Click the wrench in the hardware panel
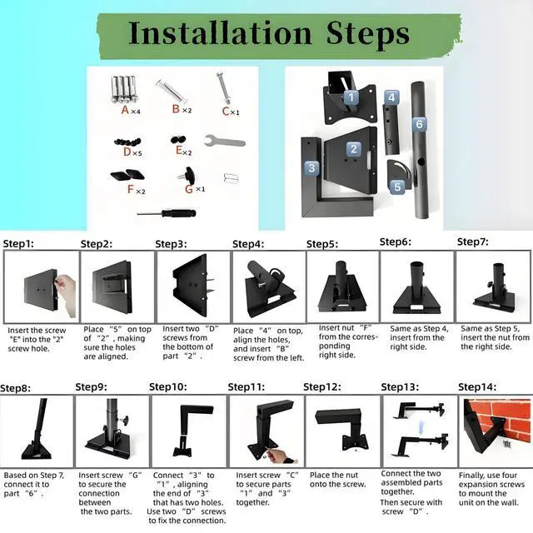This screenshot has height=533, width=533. (x=225, y=140)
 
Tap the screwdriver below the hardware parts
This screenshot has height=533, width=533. (x=167, y=213)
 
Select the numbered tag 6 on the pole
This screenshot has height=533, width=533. (x=419, y=124)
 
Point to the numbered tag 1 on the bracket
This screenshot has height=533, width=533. (x=351, y=97)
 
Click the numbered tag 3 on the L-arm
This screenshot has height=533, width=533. (x=311, y=167)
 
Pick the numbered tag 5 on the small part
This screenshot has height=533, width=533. (x=397, y=187)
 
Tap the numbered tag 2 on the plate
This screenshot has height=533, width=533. (x=353, y=150)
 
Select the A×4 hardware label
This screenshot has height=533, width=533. (x=130, y=110)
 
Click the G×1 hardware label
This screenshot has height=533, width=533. (x=194, y=189)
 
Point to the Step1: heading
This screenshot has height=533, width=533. (x=20, y=244)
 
